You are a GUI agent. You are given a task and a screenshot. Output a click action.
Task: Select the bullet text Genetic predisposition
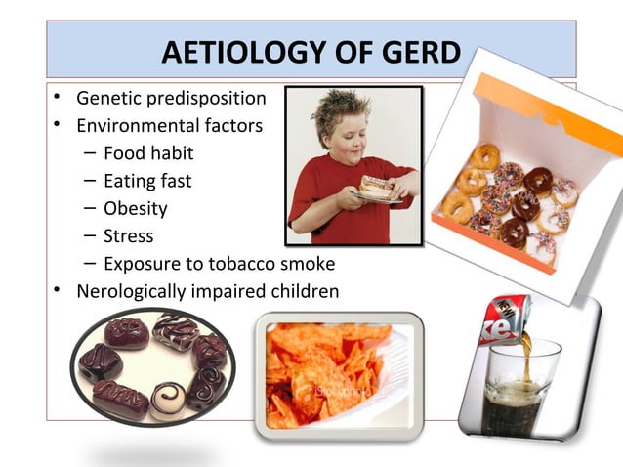171,99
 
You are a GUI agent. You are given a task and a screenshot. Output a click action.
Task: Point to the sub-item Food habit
148,153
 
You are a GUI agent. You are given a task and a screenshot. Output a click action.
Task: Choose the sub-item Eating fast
147,181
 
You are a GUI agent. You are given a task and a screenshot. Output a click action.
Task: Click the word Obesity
135,208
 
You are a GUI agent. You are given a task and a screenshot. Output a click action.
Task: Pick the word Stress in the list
128,235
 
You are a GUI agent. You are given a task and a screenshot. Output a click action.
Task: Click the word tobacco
239,264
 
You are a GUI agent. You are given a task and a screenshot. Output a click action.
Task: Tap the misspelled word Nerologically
133,291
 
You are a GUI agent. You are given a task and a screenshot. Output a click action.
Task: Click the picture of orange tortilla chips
337,368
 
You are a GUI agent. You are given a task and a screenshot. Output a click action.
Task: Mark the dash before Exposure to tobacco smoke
89,264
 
